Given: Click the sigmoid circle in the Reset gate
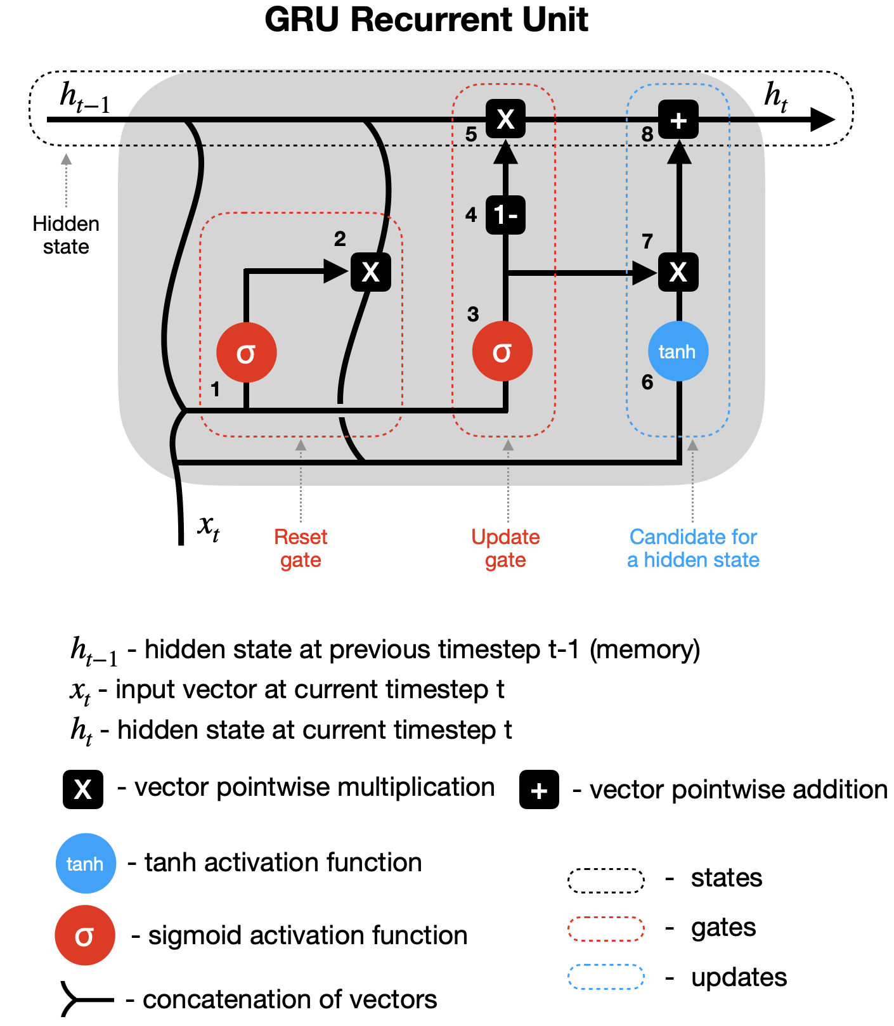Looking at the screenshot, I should tap(246, 353).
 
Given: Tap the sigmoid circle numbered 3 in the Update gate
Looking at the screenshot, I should tap(502, 351).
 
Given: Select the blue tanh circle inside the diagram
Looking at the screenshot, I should tap(678, 351).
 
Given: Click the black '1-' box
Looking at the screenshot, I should tap(505, 215).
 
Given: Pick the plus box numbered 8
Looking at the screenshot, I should tap(678, 119).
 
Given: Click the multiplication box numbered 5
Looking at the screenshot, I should tap(505, 119).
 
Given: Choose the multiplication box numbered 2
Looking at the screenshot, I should tap(371, 272).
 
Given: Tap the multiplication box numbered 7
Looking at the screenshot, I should tap(678, 272).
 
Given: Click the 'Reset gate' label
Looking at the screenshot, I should tap(301, 549).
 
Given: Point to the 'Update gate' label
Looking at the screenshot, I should tap(505, 549).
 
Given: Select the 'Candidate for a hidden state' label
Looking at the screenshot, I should tap(693, 549).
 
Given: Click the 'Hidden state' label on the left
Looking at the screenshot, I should tap(66, 235).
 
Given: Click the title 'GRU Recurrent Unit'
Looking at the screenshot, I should tap(426, 20).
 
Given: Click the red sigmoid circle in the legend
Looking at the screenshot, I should tap(85, 935).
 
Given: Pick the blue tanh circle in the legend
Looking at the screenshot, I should tap(86, 863).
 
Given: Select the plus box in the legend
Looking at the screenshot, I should tap(539, 790).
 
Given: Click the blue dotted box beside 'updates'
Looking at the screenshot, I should tap(606, 977).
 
